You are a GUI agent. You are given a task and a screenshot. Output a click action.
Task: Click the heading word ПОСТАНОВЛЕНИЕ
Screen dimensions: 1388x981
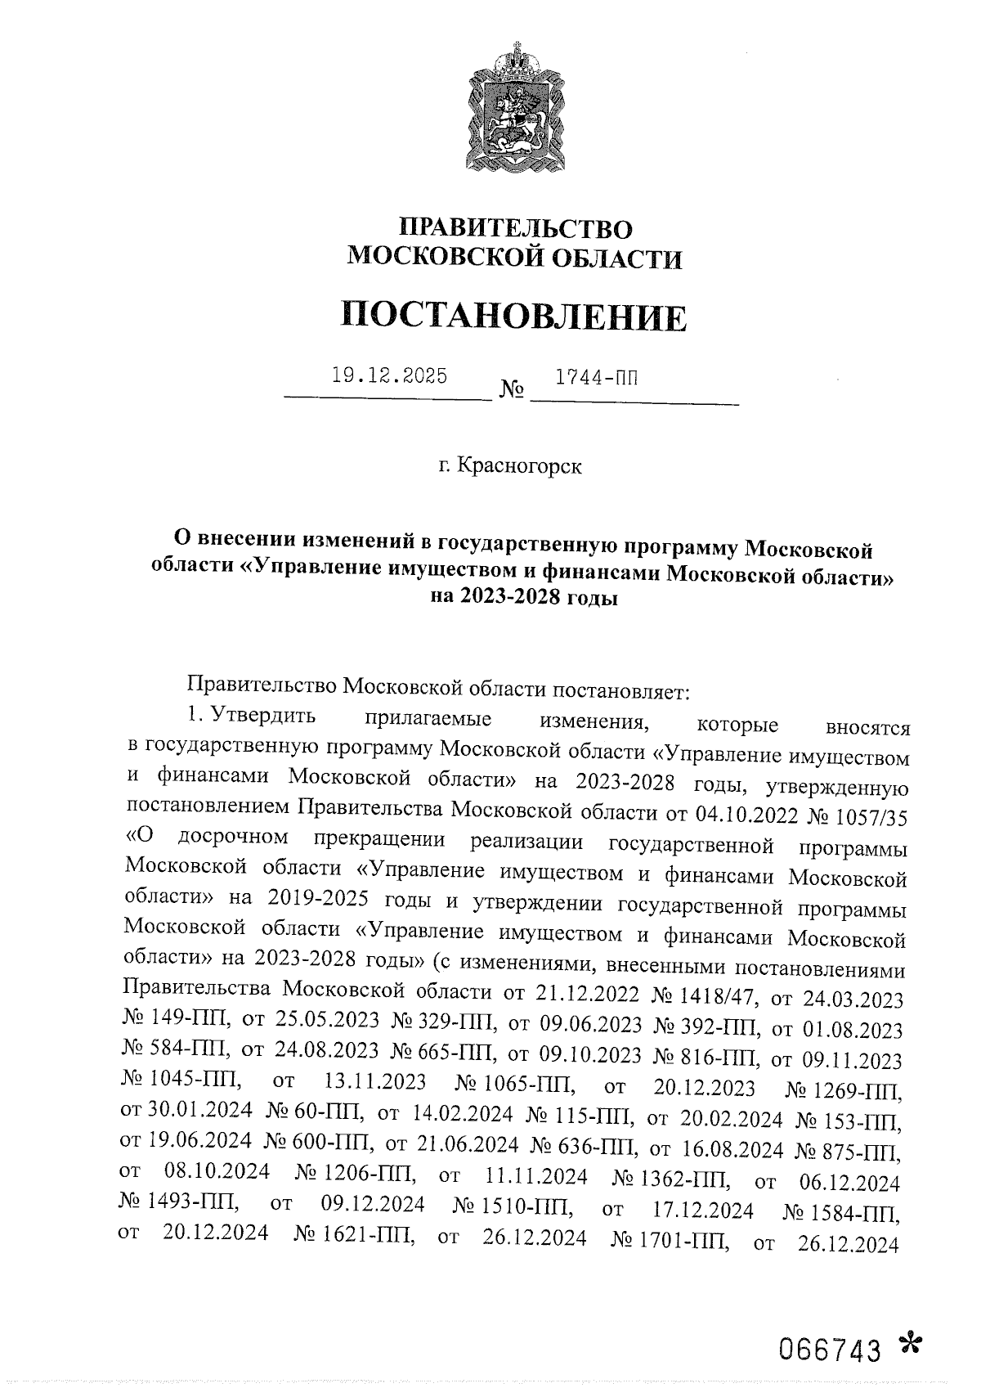point(513,317)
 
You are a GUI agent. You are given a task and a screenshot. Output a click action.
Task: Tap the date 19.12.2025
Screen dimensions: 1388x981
point(389,376)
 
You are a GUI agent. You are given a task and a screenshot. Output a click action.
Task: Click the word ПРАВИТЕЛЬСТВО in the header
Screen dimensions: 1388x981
point(515,227)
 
